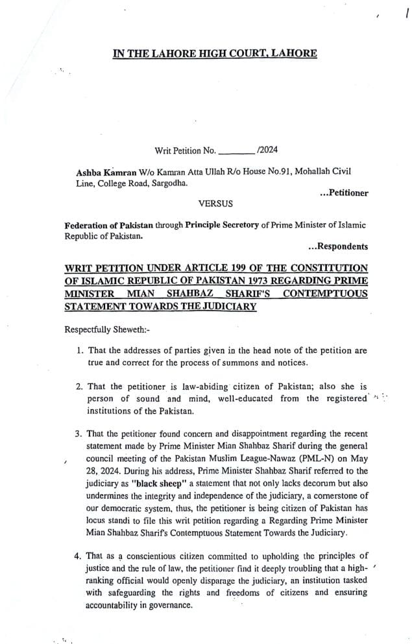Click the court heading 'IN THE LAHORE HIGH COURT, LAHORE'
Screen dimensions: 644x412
[215, 53]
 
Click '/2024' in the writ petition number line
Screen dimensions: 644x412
[267, 150]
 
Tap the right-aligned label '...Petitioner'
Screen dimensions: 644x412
[344, 193]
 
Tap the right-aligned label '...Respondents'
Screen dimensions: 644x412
[338, 246]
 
